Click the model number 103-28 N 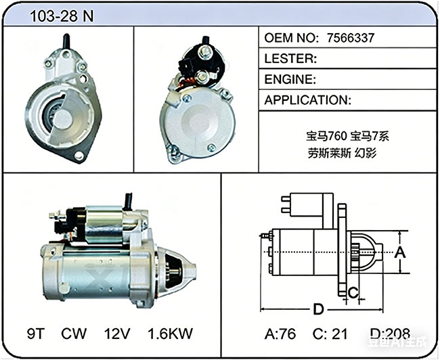coord(62,16)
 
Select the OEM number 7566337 coord(351,38)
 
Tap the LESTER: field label coord(290,58)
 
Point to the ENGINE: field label coord(290,79)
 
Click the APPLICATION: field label coord(308,100)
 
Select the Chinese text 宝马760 coord(326,137)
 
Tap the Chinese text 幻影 coord(365,153)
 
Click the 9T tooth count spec coord(36,334)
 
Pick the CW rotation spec coord(74,334)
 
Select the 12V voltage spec coord(117,334)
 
